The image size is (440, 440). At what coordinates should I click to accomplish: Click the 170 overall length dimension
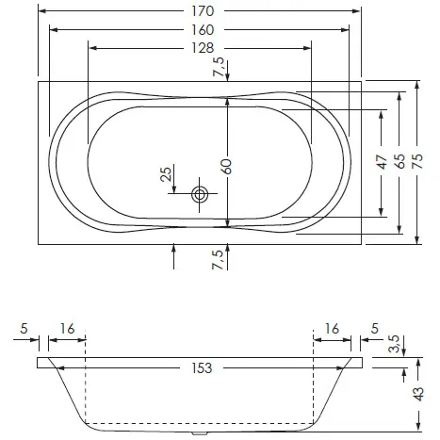point(203,11)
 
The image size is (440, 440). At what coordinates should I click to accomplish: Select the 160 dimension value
point(203,30)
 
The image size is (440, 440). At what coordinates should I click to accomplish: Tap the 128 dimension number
point(203,48)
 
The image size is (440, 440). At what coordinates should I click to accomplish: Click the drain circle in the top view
point(200,195)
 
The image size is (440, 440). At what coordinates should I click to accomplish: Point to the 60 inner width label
point(226,167)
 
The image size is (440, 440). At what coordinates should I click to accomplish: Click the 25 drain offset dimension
point(167,173)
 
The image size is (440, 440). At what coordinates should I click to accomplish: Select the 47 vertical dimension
point(382,162)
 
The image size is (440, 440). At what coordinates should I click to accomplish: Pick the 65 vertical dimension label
point(399,161)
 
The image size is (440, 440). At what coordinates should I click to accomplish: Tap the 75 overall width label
point(417,161)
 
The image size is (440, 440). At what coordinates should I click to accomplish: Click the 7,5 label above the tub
point(219,67)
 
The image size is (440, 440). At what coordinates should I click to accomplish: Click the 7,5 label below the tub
point(219,259)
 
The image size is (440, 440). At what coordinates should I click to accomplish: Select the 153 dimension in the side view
point(202,368)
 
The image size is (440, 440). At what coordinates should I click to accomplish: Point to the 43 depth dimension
point(418,394)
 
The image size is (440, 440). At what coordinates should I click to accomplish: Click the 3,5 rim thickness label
point(394,344)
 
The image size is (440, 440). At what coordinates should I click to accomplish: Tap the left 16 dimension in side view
point(68,329)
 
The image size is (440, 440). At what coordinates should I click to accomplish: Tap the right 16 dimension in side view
point(332,329)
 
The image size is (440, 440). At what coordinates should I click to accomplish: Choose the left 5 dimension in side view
point(24,329)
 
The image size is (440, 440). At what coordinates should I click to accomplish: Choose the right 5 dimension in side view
point(375,329)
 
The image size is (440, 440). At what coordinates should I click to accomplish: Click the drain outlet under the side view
point(200,433)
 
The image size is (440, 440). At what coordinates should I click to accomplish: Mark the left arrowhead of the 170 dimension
point(42,11)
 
